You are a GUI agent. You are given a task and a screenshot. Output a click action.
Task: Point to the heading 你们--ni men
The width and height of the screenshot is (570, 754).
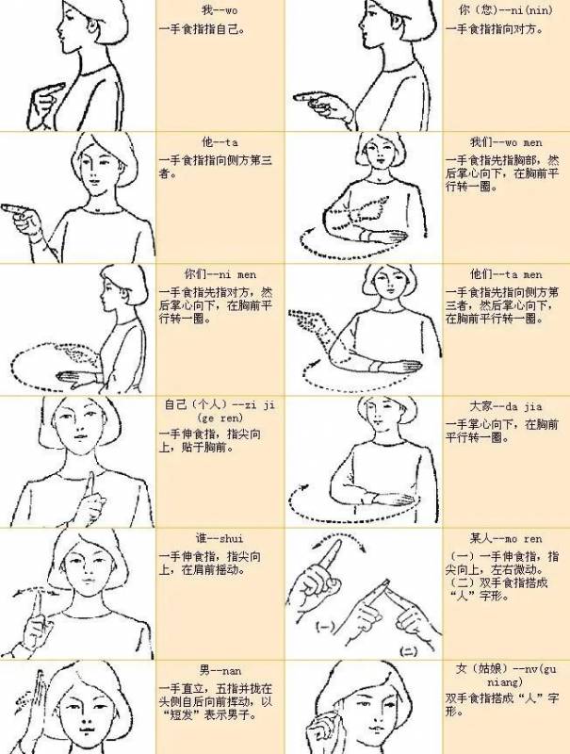coord(220,274)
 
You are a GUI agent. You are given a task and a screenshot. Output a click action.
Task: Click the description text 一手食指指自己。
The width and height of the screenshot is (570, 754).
coord(202,29)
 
